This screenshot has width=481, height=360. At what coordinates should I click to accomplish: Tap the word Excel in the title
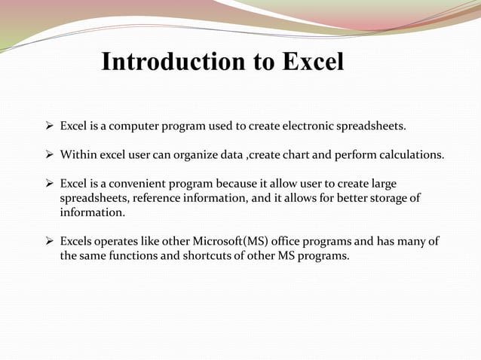(x=313, y=62)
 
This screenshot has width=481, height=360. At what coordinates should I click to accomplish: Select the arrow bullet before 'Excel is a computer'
(x=49, y=124)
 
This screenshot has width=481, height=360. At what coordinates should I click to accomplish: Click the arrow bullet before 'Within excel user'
(x=49, y=155)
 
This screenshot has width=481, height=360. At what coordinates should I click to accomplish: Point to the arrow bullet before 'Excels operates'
(x=49, y=242)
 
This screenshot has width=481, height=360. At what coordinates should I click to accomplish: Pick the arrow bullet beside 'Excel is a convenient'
(x=49, y=185)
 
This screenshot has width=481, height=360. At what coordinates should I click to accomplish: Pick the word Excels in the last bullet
(x=77, y=242)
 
